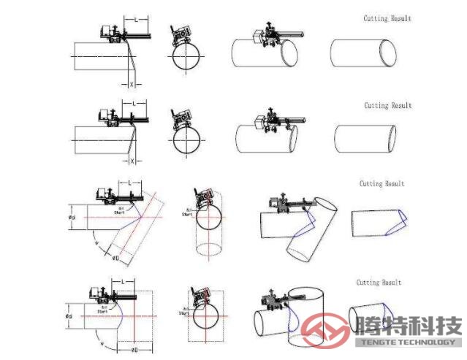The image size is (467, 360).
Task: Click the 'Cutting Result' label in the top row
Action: (387, 18)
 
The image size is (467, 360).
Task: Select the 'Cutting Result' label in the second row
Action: (388, 106)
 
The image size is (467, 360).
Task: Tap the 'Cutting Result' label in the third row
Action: (381, 184)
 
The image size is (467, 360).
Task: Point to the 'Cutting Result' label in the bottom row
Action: (379, 282)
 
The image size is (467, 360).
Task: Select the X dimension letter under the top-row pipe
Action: (132, 84)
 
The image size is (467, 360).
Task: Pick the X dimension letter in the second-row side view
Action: (132, 161)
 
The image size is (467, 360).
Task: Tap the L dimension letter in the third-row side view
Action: (129, 182)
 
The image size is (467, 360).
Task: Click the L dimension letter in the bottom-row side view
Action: (124, 282)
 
